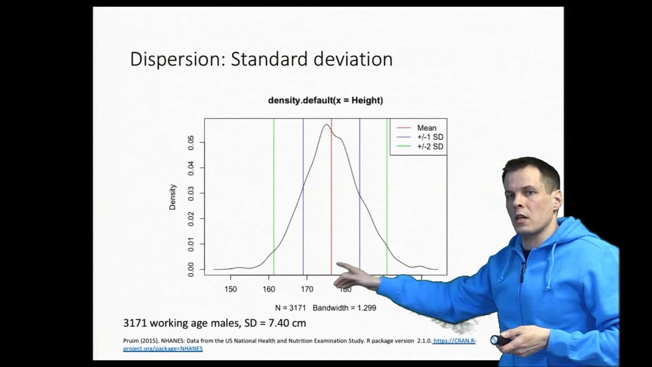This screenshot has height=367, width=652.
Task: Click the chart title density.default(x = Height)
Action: tap(325, 100)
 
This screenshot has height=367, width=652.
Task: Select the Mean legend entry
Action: tap(426, 128)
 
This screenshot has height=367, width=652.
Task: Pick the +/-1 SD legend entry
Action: tap(430, 137)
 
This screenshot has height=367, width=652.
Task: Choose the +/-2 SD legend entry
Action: tap(430, 146)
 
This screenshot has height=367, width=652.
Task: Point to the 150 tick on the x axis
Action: tap(231, 289)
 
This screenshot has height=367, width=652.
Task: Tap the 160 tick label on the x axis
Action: tap(269, 289)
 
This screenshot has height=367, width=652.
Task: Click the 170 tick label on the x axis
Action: tap(307, 289)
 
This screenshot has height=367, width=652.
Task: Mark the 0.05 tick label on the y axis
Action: tap(191, 142)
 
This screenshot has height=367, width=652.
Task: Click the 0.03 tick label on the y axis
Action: tap(191, 193)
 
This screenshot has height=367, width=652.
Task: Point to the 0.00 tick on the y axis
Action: tap(191, 269)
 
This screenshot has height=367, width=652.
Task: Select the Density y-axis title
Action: tap(173, 197)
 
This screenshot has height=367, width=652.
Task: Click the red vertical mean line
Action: tap(332, 204)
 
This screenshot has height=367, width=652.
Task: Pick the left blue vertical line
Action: tap(303, 204)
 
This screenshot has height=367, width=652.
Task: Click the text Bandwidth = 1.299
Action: tap(344, 308)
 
